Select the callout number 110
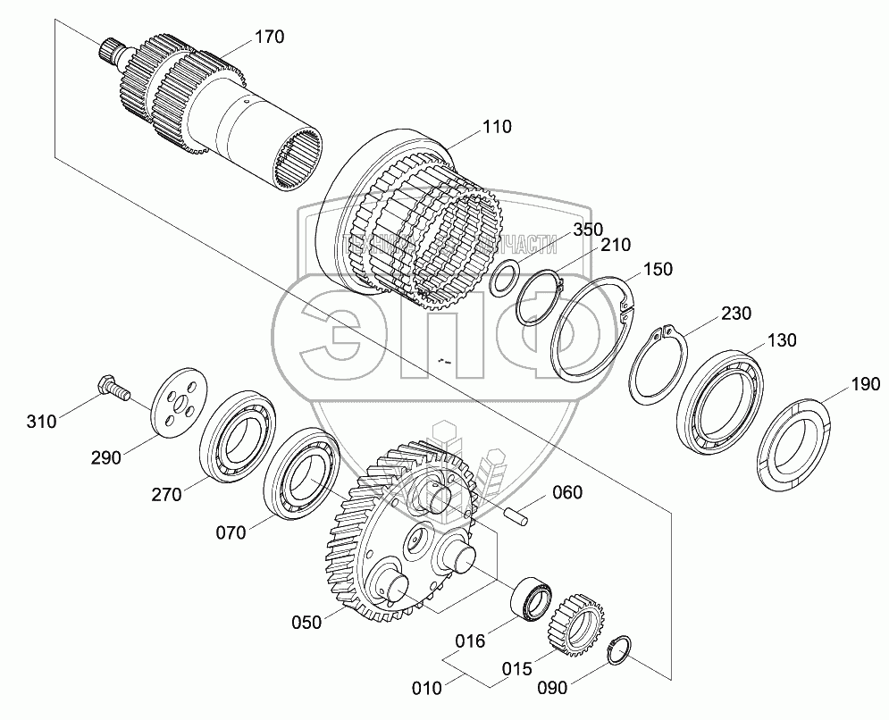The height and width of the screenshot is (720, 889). click(497, 127)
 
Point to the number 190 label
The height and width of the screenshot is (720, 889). click(866, 384)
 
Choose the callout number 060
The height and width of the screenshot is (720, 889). click(566, 491)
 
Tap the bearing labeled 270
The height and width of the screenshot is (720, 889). click(238, 436)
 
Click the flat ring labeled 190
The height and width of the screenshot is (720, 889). click(793, 447)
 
